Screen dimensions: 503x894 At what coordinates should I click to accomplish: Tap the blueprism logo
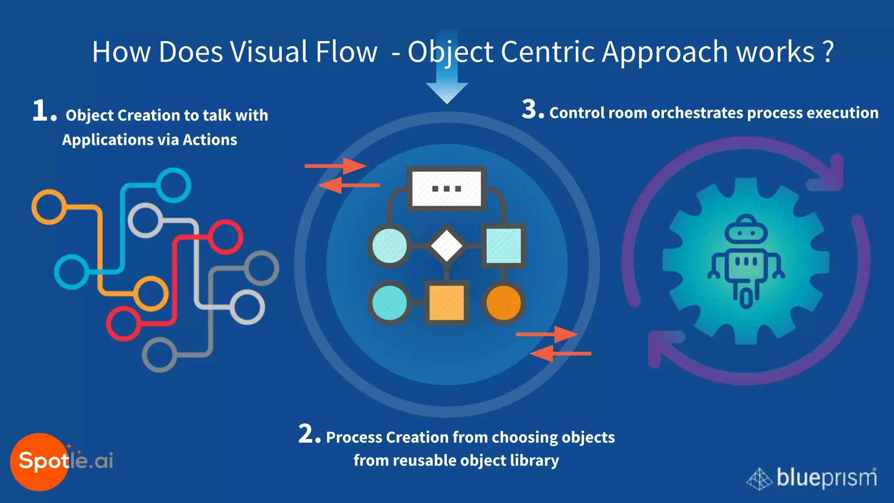point(812,478)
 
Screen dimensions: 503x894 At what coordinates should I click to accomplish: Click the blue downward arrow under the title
point(447,87)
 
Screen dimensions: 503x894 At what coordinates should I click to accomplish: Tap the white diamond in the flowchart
point(447,246)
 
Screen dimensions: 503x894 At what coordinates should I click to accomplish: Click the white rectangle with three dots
point(447,189)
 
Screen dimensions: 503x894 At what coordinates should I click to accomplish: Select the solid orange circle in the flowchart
point(503,303)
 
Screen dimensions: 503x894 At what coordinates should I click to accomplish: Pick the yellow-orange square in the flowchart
point(447,303)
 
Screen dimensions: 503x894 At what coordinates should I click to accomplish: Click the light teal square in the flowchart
point(503,246)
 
